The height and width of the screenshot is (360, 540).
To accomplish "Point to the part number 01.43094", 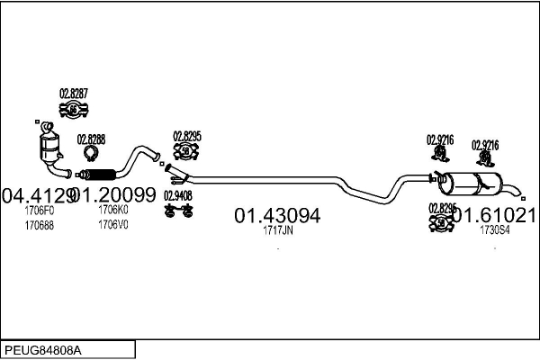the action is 277,216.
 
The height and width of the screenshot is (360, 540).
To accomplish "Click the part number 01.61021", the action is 494,216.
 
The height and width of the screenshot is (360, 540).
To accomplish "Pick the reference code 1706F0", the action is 39,210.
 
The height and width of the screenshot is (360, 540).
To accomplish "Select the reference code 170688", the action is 39,224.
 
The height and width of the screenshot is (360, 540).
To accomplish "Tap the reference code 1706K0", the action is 113,210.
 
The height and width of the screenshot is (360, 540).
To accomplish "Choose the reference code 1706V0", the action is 113,224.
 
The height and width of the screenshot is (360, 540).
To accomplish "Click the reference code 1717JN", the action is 277,230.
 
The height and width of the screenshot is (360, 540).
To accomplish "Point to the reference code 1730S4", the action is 494,230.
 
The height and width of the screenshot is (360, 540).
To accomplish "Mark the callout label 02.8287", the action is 74,94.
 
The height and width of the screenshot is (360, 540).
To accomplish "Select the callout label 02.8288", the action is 91,139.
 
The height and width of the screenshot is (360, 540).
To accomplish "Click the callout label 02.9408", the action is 177,194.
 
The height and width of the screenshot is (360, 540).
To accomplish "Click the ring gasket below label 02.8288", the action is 90,154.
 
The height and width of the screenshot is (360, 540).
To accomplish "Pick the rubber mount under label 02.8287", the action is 74,110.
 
